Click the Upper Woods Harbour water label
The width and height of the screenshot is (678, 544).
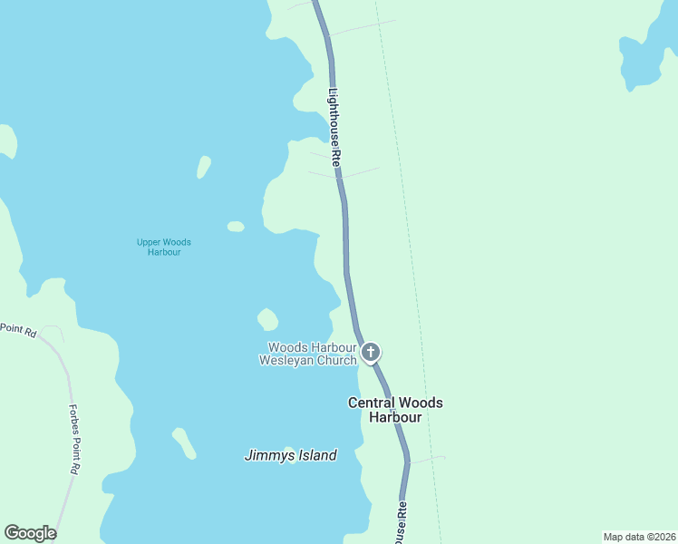[163, 247]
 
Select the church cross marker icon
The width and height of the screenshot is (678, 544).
[370, 351]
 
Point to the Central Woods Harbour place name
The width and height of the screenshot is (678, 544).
[395, 410]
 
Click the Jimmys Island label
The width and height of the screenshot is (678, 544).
[290, 456]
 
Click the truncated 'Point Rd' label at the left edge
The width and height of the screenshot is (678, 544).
[17, 332]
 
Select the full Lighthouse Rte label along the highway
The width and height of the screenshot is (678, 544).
[334, 125]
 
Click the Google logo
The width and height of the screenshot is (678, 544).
[30, 533]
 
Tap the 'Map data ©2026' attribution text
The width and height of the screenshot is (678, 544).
[638, 537]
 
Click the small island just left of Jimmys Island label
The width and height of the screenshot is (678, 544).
[185, 443]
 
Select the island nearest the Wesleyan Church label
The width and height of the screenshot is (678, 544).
[267, 319]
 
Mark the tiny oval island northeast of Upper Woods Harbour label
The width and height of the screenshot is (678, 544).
[236, 227]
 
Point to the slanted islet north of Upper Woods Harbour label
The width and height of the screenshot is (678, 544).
[204, 167]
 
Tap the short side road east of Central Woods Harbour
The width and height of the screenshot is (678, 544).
[428, 460]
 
